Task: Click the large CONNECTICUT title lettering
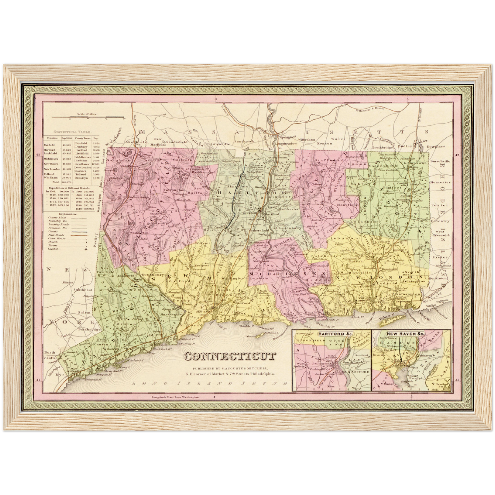[230, 357]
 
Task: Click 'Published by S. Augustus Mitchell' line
[229, 368]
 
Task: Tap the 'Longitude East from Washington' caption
[175, 397]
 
